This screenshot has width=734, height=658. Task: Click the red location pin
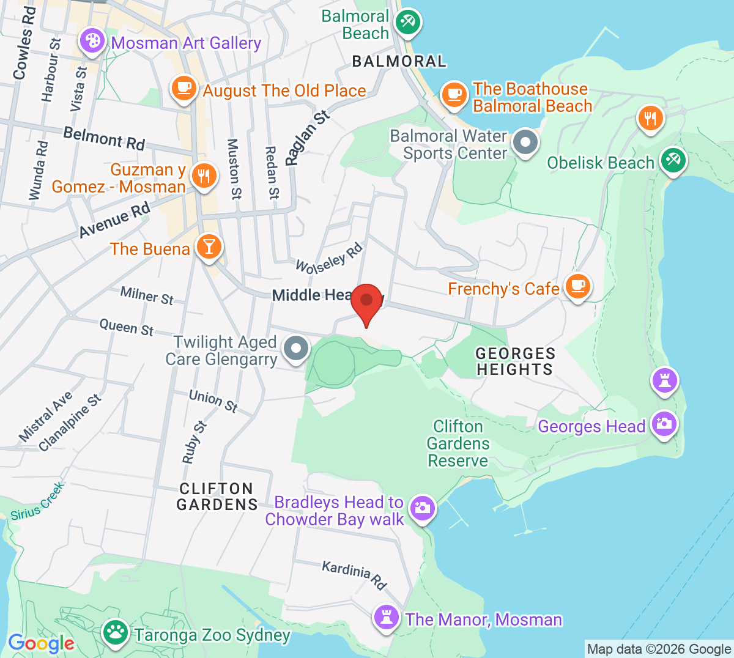(x=366, y=301)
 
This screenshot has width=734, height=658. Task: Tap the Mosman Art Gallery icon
(x=92, y=42)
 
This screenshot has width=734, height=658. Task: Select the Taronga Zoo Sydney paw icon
(x=115, y=632)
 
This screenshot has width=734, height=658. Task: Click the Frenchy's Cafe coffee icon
(x=577, y=286)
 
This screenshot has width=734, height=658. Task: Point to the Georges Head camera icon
(x=664, y=423)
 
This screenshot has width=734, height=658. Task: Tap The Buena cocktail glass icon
(x=209, y=246)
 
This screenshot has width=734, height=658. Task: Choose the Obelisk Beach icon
(x=673, y=160)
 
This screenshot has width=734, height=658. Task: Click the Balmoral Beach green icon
(x=406, y=23)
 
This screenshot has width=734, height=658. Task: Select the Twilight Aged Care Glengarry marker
(x=297, y=349)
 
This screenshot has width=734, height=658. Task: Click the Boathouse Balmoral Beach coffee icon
(x=454, y=94)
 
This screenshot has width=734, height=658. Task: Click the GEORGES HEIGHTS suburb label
(x=515, y=361)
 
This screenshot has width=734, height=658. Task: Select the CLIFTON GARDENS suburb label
(x=217, y=497)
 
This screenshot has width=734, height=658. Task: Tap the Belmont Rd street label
(x=104, y=138)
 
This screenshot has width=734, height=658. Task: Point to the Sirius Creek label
(x=37, y=501)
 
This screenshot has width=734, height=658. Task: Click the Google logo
(x=41, y=643)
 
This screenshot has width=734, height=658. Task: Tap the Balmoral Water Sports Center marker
(x=524, y=142)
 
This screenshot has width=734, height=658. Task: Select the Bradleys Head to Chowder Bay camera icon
(x=422, y=508)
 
